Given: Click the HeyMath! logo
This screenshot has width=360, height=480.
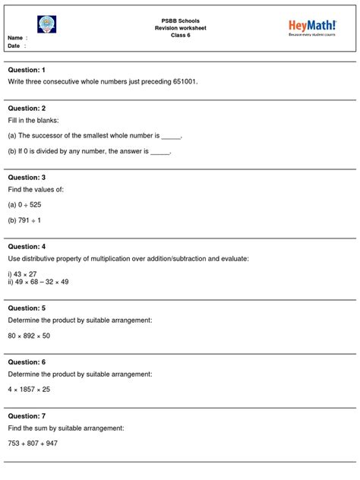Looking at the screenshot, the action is click(312, 29).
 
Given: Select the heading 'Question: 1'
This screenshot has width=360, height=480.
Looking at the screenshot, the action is click(27, 70).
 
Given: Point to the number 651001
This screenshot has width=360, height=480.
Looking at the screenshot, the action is click(183, 81).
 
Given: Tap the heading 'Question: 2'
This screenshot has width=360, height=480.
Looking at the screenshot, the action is click(27, 109).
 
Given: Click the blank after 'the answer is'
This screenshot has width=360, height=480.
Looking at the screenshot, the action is click(161, 152).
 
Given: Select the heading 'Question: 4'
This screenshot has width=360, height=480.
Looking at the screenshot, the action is click(27, 247).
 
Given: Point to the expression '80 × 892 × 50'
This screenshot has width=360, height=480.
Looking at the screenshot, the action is click(30, 336).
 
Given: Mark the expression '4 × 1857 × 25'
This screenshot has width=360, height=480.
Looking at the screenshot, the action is click(30, 390).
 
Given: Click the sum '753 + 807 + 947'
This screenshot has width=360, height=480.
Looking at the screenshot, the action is click(33, 444).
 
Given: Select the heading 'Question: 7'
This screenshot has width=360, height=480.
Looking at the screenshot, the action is click(27, 416).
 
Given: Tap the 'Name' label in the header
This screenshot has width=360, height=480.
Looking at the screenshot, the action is click(16, 38).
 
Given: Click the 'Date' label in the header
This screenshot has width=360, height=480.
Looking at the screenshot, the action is click(15, 46).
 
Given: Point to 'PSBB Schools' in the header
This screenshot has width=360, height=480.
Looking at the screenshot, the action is click(181, 21).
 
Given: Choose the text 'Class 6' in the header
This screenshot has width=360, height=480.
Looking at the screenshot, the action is click(181, 36).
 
